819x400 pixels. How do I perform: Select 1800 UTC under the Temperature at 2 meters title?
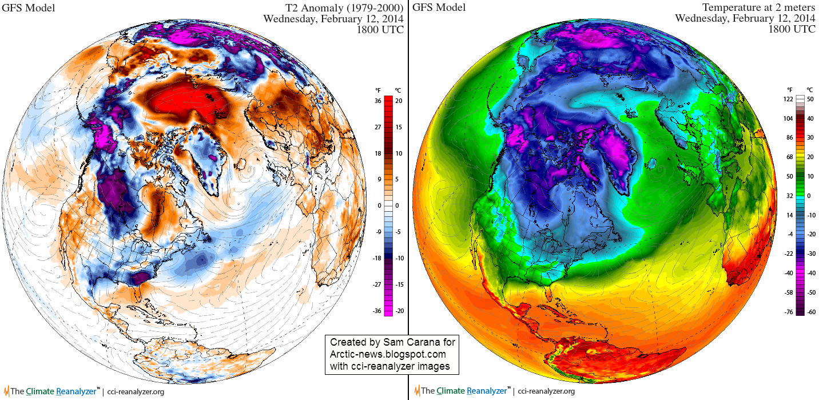tap(792, 29)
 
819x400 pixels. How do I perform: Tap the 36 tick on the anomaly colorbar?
tap(378, 101)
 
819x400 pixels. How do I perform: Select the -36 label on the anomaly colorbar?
tap(377, 311)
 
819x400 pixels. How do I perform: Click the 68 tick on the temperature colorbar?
tap(789, 157)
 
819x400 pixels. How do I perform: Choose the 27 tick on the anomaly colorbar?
tap(378, 127)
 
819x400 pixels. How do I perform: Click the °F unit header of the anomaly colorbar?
tap(378, 90)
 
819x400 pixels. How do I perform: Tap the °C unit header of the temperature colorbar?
tap(810, 90)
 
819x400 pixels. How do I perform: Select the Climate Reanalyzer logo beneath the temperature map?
tap(464, 391)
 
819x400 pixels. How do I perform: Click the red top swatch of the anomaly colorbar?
tap(388, 100)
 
